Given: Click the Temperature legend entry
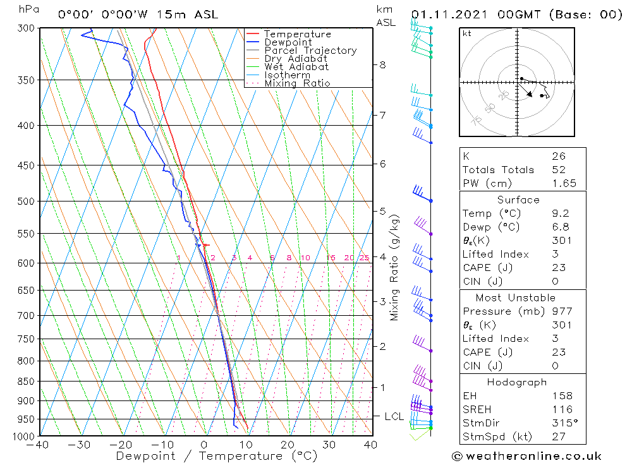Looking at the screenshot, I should click(297, 34).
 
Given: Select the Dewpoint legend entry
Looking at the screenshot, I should click(288, 42).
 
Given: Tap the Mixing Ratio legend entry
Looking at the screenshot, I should click(297, 83).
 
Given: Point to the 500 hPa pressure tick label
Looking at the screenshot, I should click(27, 201).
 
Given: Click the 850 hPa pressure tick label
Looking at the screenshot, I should click(27, 382).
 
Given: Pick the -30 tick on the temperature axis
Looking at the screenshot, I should click(80, 445).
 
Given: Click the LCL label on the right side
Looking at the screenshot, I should click(394, 416).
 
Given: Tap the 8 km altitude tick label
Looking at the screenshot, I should click(382, 64).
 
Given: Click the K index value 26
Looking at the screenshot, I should click(559, 156).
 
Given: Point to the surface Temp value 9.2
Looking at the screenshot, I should click(561, 213).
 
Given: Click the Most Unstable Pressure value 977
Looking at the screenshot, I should click(562, 311).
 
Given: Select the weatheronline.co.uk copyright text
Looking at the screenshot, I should click(526, 456).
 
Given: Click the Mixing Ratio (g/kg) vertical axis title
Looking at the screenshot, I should click(395, 267).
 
